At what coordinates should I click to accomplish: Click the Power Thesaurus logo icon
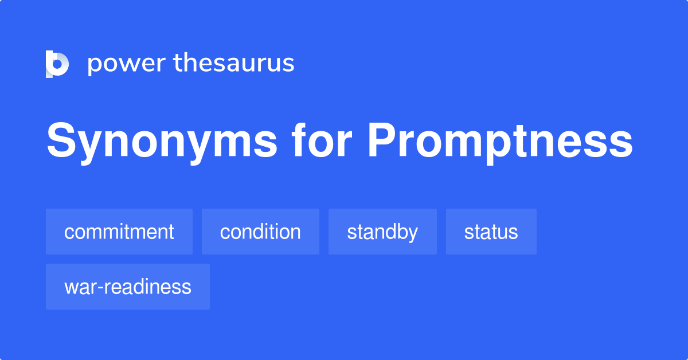[x=57, y=64]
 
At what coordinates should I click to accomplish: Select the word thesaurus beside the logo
[x=234, y=64]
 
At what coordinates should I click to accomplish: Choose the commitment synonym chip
[x=119, y=232]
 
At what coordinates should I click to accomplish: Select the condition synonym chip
[x=260, y=232]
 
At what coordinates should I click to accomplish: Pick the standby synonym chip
[x=382, y=232]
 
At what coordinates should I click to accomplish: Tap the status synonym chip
[x=491, y=232]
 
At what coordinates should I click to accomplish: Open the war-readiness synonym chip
[x=128, y=287]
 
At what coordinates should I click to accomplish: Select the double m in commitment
[x=107, y=233]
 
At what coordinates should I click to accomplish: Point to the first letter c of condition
[x=225, y=233]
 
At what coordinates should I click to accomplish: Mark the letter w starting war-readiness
[x=71, y=287]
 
